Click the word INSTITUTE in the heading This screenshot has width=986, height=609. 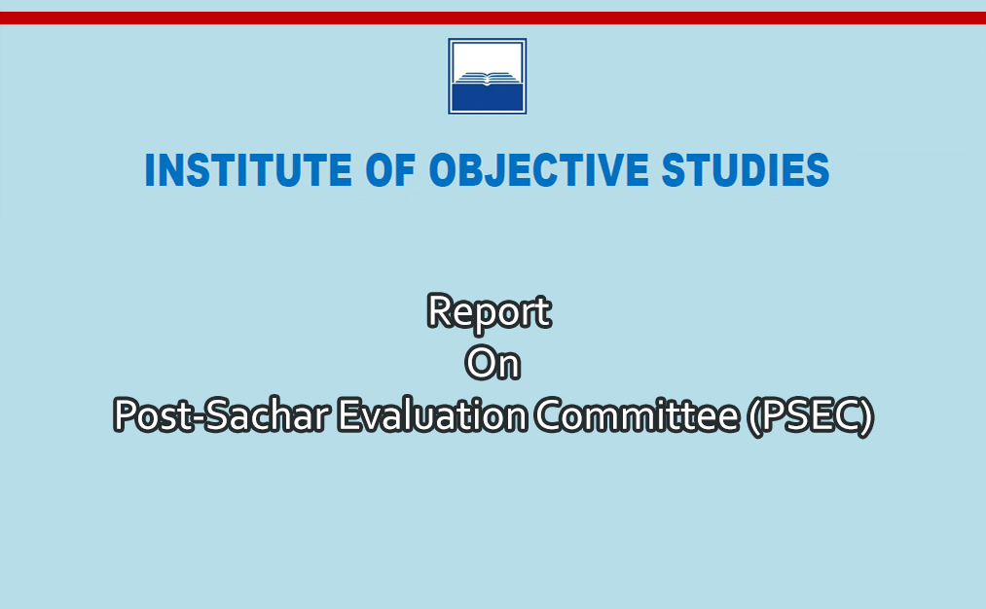(248, 169)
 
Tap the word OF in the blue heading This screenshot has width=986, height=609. (390, 169)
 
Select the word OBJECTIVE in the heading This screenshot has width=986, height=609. (539, 169)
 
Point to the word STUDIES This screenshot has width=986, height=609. (746, 169)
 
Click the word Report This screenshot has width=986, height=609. (490, 312)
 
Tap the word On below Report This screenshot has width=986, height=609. (493, 363)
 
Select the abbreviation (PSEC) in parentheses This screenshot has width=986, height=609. (811, 416)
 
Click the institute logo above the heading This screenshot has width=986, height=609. (488, 76)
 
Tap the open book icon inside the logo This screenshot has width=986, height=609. (488, 78)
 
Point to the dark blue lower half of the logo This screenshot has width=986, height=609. (488, 97)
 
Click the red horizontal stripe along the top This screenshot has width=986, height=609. (493, 18)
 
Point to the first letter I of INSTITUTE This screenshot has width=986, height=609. (150, 169)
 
